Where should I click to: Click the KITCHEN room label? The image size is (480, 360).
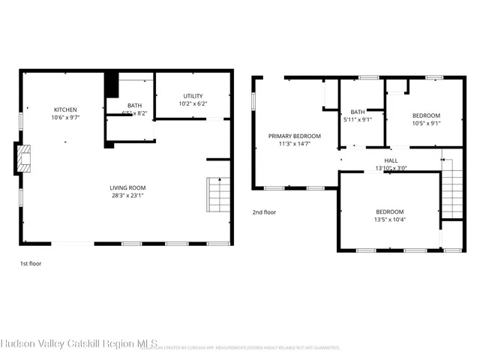click(65, 109)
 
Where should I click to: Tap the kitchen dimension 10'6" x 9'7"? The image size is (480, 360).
click(65, 118)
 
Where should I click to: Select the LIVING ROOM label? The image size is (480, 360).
click(127, 187)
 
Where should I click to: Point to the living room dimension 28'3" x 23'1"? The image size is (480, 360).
click(127, 196)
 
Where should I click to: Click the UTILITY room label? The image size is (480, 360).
click(193, 95)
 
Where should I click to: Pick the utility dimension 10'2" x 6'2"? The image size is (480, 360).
click(193, 103)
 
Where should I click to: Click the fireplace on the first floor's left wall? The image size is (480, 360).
click(25, 159)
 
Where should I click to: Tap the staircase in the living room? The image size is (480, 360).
click(218, 195)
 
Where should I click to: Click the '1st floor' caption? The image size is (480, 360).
click(31, 264)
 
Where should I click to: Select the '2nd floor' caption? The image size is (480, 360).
click(264, 212)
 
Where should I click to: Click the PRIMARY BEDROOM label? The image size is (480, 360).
click(295, 136)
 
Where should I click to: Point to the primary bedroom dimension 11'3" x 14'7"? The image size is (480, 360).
click(295, 144)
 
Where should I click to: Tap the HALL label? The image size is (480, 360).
click(391, 160)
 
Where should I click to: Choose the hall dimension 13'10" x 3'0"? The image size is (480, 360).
click(391, 168)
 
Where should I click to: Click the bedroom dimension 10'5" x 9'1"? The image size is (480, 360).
click(426, 124)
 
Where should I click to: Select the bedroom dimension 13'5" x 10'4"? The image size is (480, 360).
click(390, 220)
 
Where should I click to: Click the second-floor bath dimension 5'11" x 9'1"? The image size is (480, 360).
click(358, 119)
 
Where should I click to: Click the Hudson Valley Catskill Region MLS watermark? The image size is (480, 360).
click(79, 344)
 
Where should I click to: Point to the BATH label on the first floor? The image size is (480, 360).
click(134, 106)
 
